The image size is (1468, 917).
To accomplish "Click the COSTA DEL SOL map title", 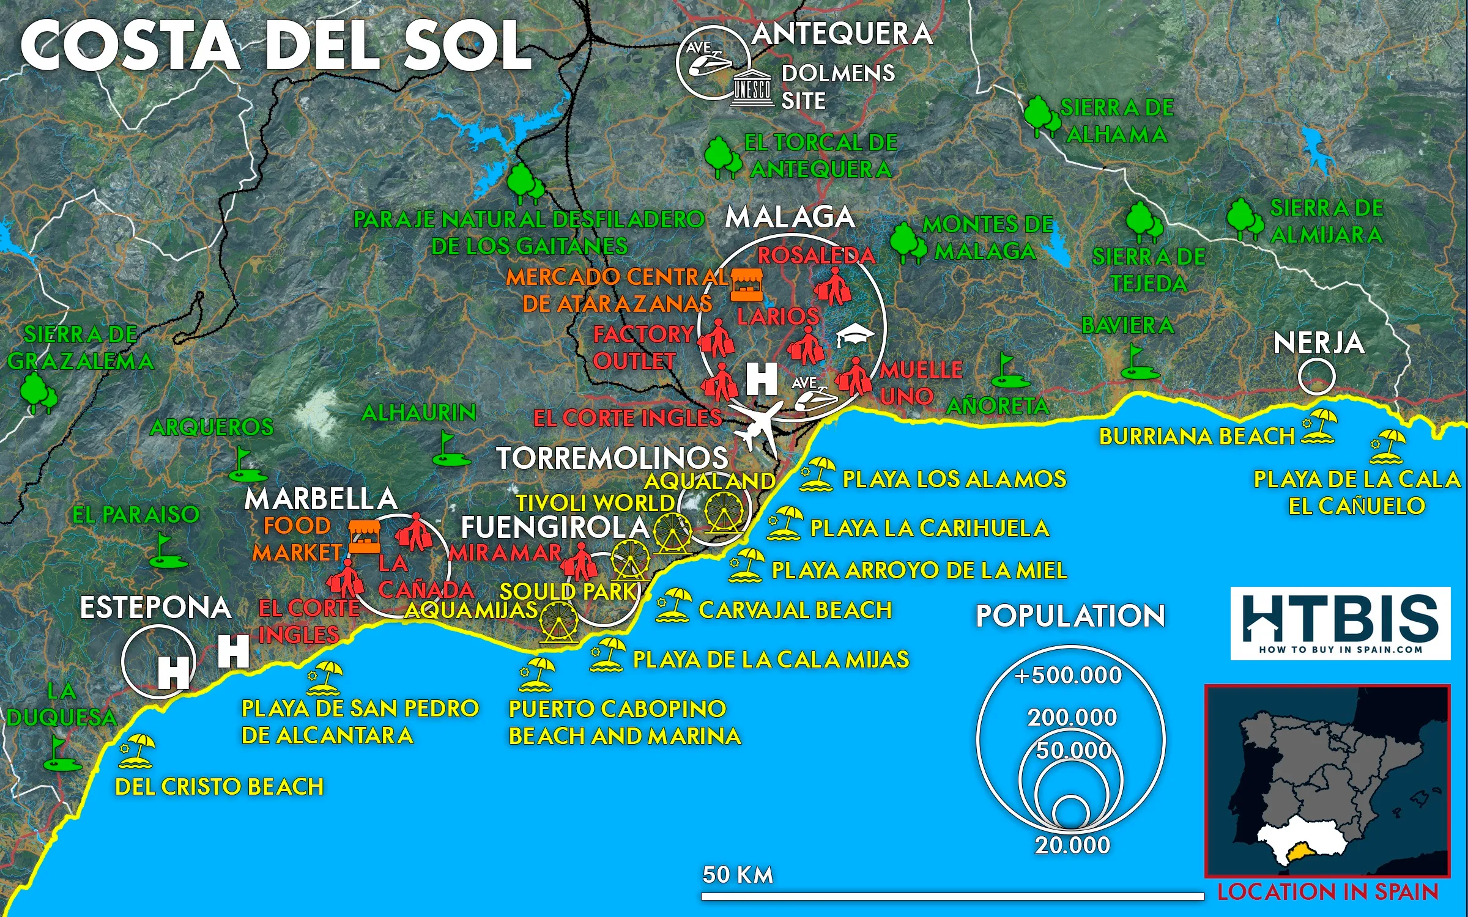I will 276,46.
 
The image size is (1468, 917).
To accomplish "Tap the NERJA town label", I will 1318,343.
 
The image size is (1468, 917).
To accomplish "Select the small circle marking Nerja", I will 1316,377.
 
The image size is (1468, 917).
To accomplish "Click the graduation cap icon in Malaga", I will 855,335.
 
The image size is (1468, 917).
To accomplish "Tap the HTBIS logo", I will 1340,623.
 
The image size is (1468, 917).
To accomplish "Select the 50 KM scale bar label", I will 738,875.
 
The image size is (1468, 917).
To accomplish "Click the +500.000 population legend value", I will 1068,676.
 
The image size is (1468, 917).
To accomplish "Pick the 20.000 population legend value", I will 1072,845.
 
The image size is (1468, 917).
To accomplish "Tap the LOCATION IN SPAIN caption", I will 1327,892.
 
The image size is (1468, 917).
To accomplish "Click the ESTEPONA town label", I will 155,608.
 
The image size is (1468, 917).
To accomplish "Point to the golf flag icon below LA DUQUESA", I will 59,753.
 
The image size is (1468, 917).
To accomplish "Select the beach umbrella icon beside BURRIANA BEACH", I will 1319,426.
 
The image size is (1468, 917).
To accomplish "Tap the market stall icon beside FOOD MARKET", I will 365,537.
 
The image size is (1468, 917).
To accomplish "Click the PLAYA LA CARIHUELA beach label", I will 929,528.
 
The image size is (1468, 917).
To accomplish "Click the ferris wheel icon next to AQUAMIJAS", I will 558,621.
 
